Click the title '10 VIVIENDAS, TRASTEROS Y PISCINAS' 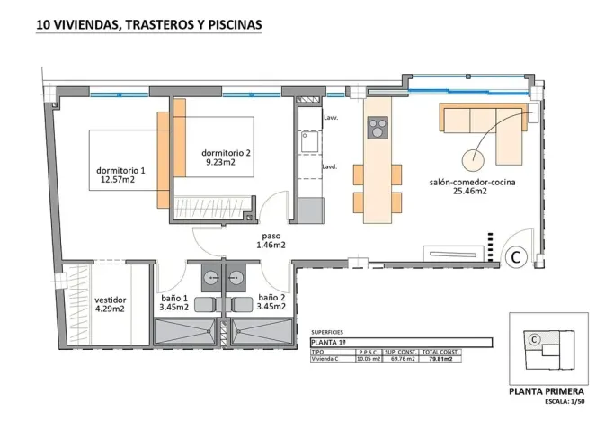pos(148,26)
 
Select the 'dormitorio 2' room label pos(226,153)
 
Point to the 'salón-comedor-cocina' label pos(471,181)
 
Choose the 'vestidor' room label pos(110,300)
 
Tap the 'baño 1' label pos(173,297)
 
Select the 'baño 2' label pos(271,297)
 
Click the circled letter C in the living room pos(516,257)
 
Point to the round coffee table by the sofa pos(472,160)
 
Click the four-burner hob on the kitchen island pos(378,128)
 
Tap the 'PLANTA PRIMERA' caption pos(546,391)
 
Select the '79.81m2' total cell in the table pos(440,358)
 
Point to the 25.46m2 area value pos(471,191)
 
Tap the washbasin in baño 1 pos(210,275)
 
